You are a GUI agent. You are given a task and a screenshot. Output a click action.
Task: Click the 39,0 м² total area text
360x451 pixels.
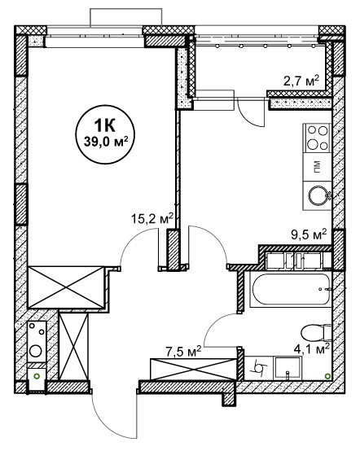pyautogui.click(x=106, y=142)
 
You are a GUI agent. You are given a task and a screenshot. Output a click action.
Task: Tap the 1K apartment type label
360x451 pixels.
pyautogui.click(x=105, y=125)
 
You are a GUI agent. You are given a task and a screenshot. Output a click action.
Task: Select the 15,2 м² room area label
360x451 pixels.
pyautogui.click(x=152, y=219)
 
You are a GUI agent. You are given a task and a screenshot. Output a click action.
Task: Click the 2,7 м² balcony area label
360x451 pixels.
pyautogui.click(x=301, y=81)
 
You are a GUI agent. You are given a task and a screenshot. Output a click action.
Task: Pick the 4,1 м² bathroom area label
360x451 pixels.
pyautogui.click(x=311, y=349)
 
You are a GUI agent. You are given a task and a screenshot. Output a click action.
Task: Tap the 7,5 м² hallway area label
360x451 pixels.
pyautogui.click(x=182, y=352)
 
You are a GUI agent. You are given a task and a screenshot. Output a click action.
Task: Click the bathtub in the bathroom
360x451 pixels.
pyautogui.click(x=291, y=289)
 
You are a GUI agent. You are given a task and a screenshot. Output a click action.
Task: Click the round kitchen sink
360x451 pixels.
pyautogui.click(x=318, y=195)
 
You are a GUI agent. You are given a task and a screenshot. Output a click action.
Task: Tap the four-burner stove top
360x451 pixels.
pyautogui.click(x=317, y=138)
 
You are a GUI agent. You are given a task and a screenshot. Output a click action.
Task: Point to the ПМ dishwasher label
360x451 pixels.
pyautogui.click(x=317, y=166)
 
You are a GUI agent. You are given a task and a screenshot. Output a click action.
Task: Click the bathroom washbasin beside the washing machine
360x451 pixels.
pyautogui.click(x=288, y=368)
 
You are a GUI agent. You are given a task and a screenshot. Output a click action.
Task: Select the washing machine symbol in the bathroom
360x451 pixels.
pyautogui.click(x=259, y=368)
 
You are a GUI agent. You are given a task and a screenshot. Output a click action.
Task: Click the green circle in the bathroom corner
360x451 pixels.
pyautogui.click(x=327, y=375)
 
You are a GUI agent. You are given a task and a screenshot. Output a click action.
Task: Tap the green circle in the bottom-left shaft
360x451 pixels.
pyautogui.click(x=37, y=375)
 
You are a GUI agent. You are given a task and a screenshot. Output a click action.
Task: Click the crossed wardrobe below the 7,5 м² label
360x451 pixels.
pyautogui.click(x=193, y=370)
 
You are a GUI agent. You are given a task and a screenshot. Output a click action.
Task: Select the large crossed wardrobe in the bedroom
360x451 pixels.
pyautogui.click(x=67, y=287)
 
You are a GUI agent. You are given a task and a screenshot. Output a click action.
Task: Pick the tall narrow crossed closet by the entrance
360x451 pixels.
pyautogui.click(x=73, y=347)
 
